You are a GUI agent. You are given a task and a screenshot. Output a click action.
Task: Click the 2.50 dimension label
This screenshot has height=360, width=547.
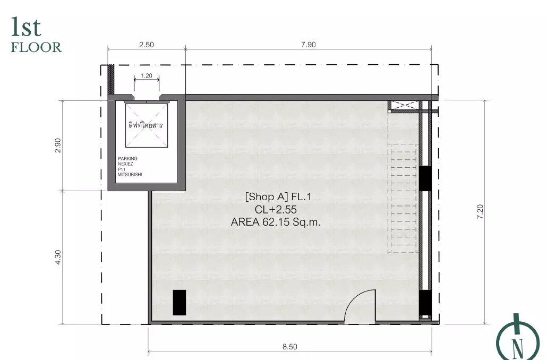click(x=147, y=45)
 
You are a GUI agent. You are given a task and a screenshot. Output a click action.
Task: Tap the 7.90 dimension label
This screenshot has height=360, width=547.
click(x=309, y=45)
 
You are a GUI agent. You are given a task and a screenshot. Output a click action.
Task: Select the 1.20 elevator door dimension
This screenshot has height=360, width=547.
click(x=147, y=76)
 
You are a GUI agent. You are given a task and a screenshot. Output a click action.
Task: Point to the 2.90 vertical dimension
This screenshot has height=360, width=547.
click(x=58, y=145)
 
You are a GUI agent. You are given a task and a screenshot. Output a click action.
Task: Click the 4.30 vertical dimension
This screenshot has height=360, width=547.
click(x=58, y=257)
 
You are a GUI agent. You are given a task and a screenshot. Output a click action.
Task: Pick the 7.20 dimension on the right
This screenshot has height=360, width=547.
click(x=480, y=211)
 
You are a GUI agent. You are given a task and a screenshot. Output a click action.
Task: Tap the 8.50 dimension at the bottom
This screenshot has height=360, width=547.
click(x=290, y=347)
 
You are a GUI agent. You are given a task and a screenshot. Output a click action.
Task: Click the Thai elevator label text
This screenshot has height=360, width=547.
click(x=146, y=125)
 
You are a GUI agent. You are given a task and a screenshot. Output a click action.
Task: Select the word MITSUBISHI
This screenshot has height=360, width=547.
click(x=130, y=175)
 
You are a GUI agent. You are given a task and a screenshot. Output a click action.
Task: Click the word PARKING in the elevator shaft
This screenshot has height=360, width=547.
click(x=127, y=159)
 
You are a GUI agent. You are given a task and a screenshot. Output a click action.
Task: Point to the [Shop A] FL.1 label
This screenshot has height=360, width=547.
click(x=278, y=197)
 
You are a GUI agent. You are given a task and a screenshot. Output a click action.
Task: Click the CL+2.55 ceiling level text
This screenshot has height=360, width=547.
click(x=276, y=209)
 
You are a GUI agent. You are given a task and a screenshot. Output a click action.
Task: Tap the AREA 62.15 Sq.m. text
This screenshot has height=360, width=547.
click(x=276, y=222)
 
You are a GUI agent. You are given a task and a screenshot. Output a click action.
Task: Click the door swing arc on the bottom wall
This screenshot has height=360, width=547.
click(x=352, y=301)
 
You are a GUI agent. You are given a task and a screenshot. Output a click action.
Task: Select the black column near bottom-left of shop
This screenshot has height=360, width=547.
click(x=180, y=303)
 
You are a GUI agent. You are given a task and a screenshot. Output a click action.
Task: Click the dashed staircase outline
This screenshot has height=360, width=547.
click(x=403, y=198)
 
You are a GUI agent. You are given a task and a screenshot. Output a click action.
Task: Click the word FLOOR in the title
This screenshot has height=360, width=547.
click(x=36, y=47)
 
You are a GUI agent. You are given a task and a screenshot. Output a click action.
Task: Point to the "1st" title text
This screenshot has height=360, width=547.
click(x=26, y=27)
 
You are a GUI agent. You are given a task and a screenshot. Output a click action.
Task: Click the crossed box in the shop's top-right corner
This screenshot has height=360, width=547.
click(x=403, y=105)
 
